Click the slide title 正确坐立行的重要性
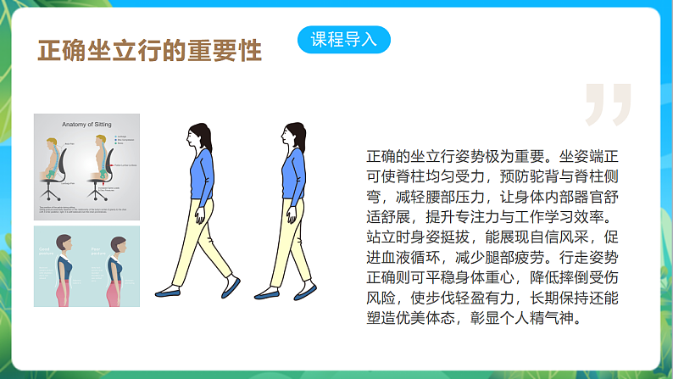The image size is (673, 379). [149, 50]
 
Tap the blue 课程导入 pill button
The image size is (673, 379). [344, 39]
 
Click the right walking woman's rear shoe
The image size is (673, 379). [267, 294]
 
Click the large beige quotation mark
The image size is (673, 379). [607, 103]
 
